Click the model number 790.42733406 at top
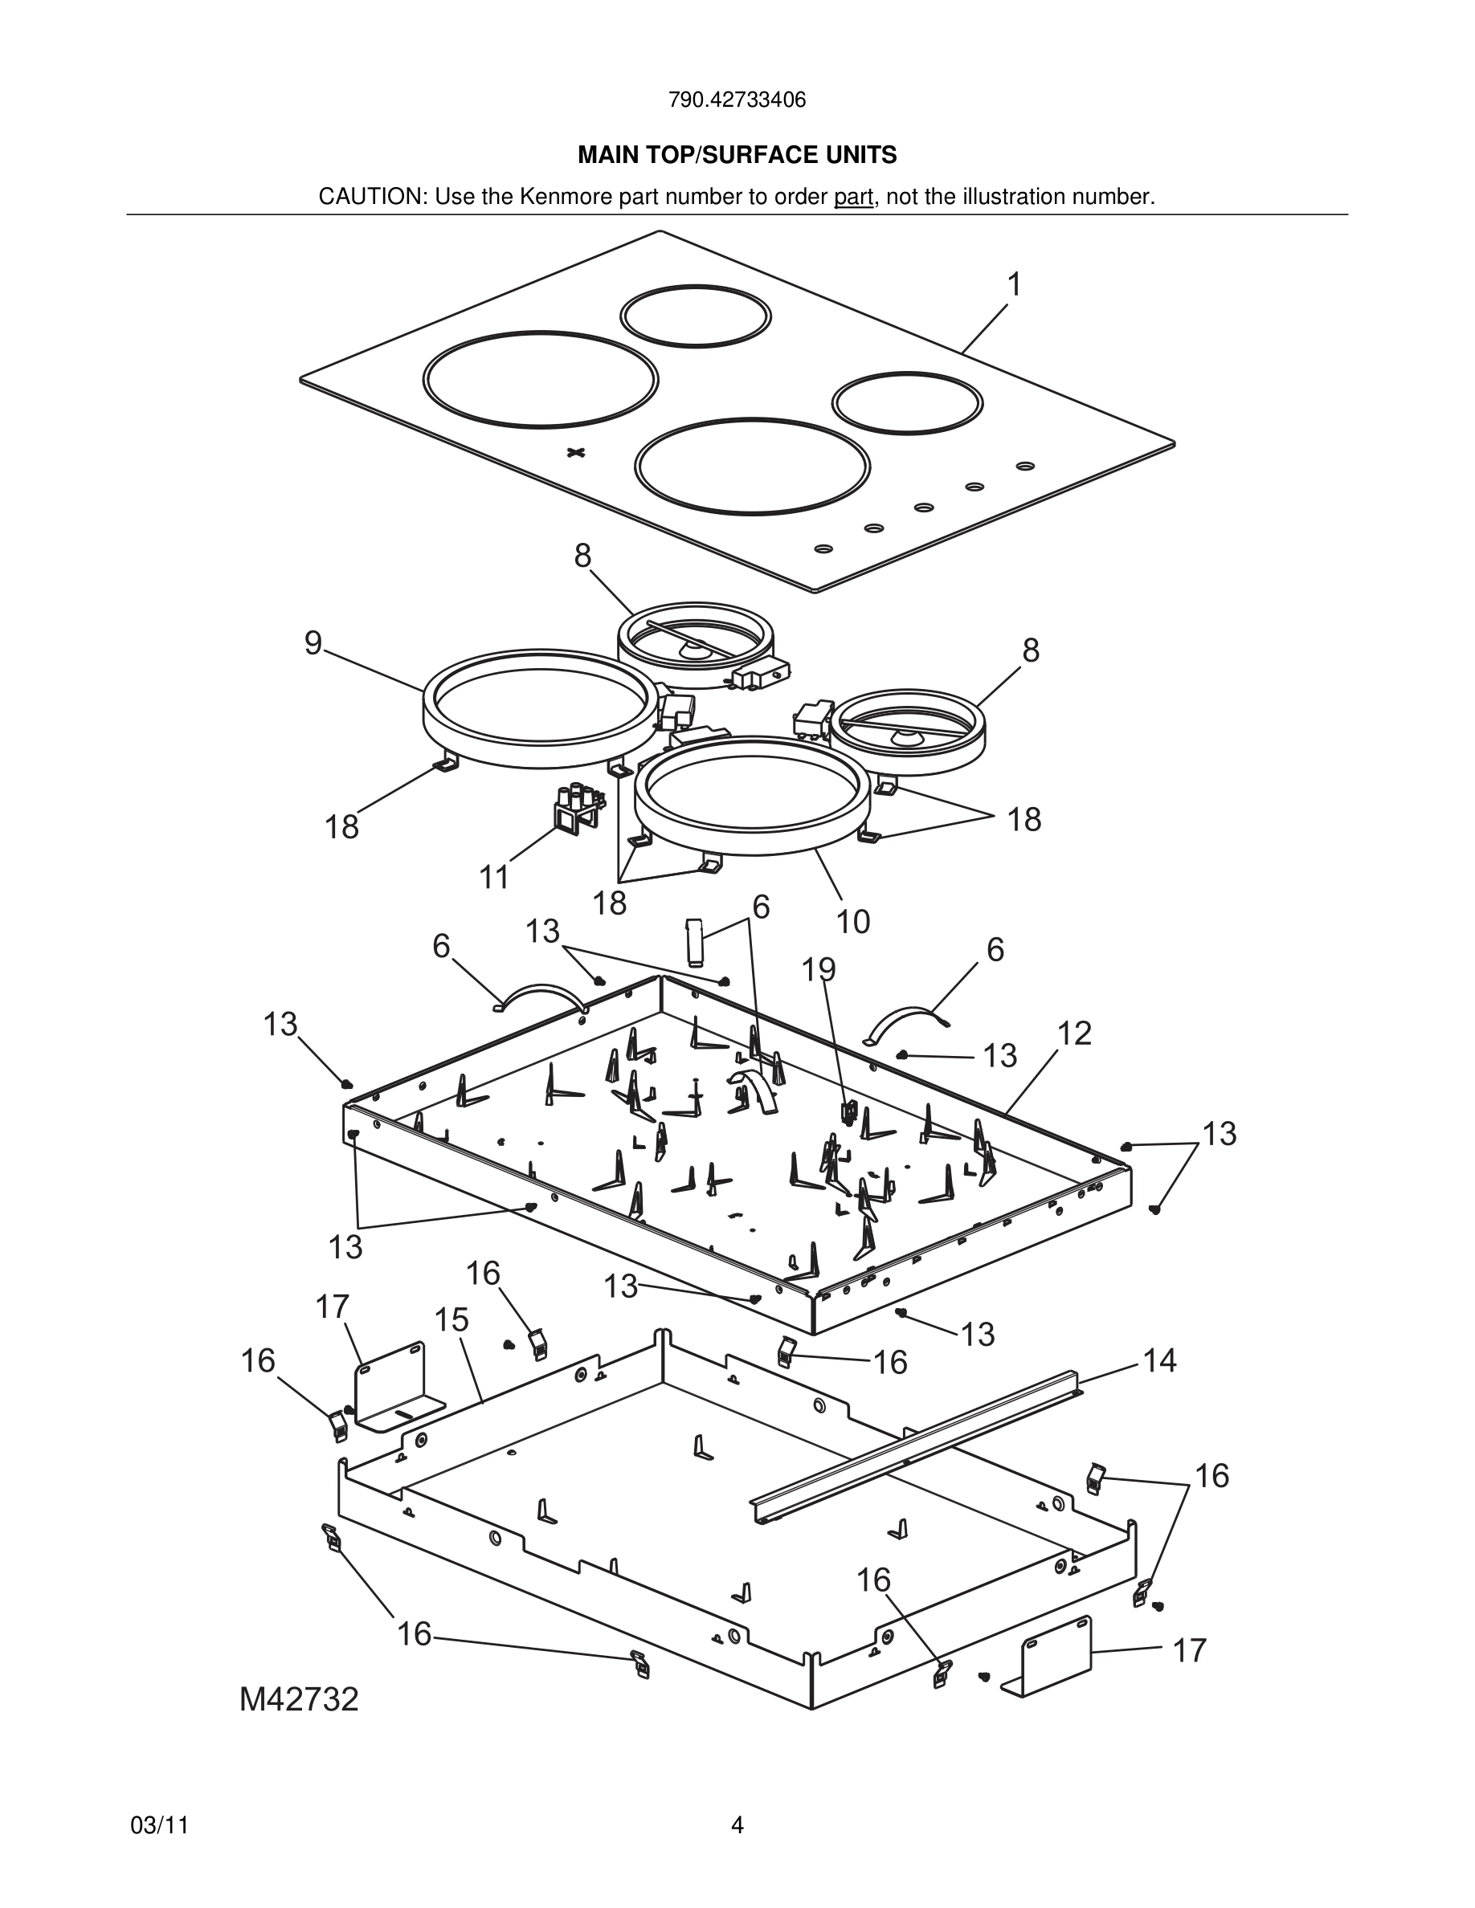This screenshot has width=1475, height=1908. [737, 100]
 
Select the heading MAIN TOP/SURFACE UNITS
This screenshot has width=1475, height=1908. [737, 156]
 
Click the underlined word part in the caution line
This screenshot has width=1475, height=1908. [853, 198]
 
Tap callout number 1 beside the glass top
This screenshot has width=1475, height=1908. [1014, 285]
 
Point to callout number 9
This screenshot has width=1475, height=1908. [313, 644]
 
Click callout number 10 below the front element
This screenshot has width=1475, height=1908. [853, 922]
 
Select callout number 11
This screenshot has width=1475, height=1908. [495, 876]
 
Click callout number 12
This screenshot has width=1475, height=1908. [1074, 1033]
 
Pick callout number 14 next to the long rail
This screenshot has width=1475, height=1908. [1159, 1360]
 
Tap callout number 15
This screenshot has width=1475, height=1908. [451, 1319]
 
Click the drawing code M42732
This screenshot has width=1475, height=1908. [300, 1700]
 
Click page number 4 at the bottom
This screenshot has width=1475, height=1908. [737, 1825]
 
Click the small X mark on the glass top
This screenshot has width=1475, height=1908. [574, 451]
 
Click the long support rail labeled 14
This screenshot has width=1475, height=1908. [917, 1441]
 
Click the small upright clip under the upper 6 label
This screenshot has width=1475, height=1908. [694, 941]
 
